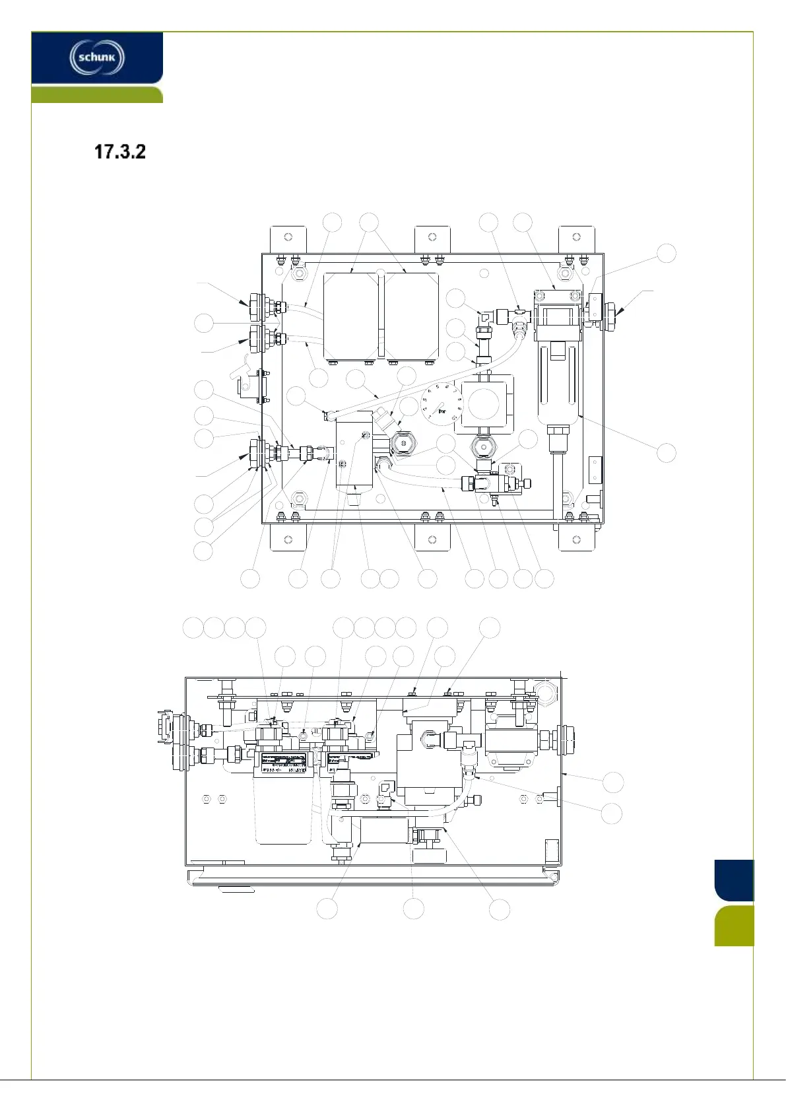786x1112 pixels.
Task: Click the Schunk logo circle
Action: pyautogui.click(x=97, y=57)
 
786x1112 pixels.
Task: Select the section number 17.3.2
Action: pyautogui.click(x=119, y=152)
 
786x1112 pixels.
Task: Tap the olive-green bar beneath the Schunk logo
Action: pyautogui.click(x=97, y=94)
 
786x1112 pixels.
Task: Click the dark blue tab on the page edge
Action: pyautogui.click(x=733, y=880)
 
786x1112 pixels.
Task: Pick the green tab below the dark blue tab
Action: pyautogui.click(x=733, y=926)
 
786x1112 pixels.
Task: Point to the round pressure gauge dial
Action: pyautogui.click(x=442, y=403)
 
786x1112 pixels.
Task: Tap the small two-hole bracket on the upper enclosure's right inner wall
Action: pyautogui.click(x=595, y=469)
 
